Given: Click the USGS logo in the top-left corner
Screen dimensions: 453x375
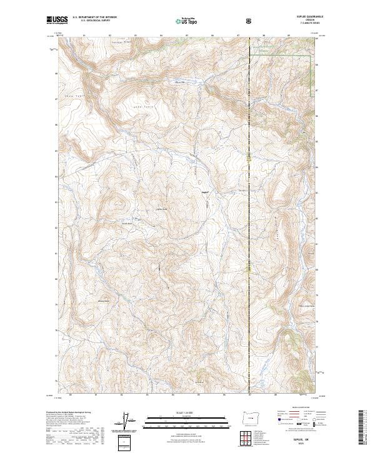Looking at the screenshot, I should click(x=56, y=21).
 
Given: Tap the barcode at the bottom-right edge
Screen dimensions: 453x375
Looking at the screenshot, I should click(x=363, y=428).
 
